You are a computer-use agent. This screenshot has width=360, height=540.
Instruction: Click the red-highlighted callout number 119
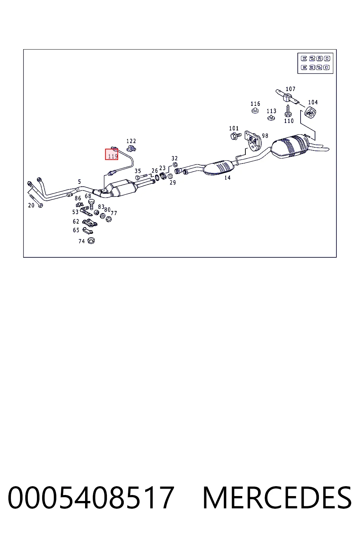pos(112,156)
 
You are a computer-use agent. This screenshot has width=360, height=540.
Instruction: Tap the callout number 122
pos(131,141)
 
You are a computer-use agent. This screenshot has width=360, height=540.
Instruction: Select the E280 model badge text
pos(315,59)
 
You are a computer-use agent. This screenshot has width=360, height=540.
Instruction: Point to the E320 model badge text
pos(315,67)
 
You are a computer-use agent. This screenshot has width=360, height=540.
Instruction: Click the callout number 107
pos(290,89)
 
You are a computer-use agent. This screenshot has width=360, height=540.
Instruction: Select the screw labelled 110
pos(288,111)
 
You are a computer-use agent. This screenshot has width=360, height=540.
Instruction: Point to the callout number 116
pos(255,104)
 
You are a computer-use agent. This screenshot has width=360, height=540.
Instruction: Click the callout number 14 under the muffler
pos(227,178)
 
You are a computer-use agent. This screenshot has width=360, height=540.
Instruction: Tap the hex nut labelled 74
pos(91,240)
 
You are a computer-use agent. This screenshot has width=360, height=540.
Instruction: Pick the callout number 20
pos(31,205)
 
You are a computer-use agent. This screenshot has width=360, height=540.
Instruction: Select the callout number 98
pos(265,136)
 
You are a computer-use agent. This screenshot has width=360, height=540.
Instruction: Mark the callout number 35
pos(138,171)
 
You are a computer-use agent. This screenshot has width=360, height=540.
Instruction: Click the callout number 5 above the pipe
pos(79,181)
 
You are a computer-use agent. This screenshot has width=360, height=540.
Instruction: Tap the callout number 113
pos(271,111)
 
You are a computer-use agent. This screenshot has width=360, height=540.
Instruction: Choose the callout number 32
pos(175,159)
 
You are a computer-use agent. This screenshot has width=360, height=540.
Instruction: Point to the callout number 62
pos(76,221)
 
